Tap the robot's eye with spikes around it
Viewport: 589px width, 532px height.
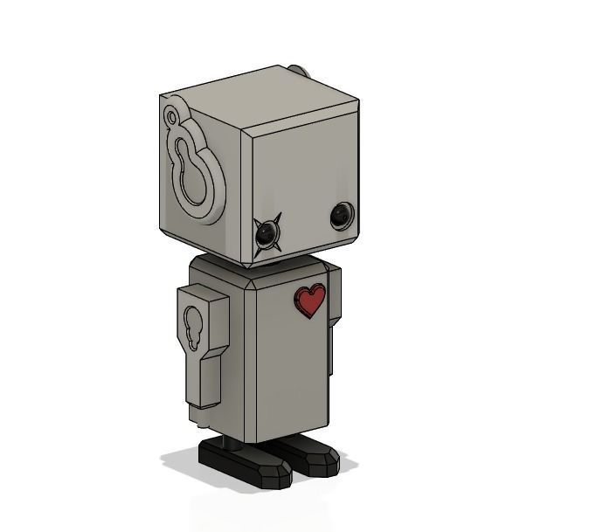(x=267, y=232)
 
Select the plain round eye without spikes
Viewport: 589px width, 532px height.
(x=341, y=215)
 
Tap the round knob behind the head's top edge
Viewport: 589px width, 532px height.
(x=298, y=70)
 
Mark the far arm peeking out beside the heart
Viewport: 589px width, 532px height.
(x=333, y=349)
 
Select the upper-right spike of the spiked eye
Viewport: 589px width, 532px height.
(x=276, y=220)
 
